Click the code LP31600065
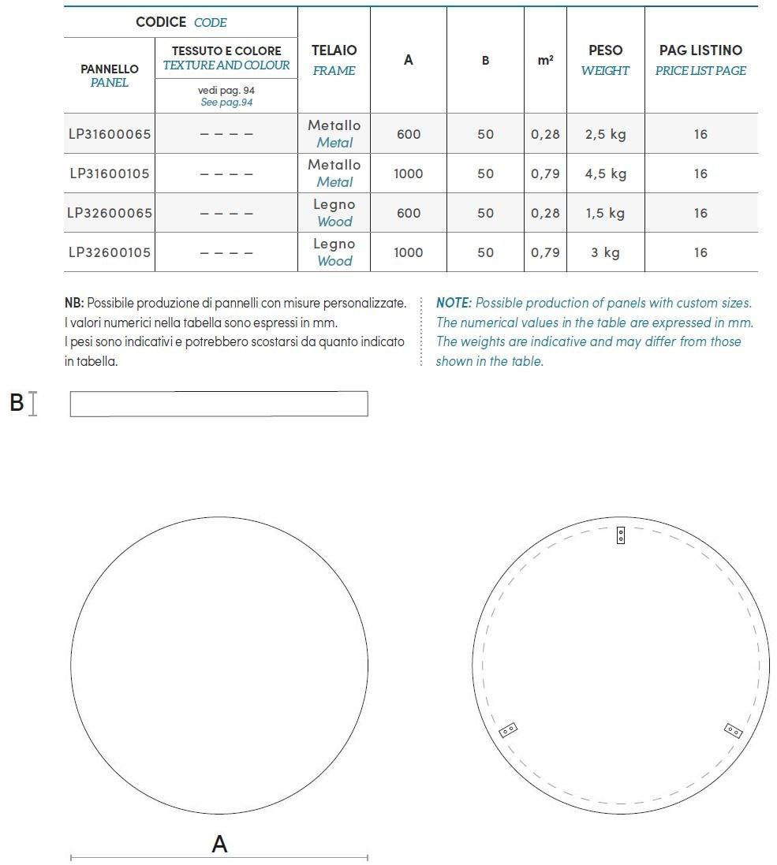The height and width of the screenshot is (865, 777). point(109,134)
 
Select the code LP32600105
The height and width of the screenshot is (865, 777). point(109,252)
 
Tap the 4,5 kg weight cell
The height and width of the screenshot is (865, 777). point(605,173)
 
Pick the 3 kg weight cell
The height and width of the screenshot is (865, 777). point(605,252)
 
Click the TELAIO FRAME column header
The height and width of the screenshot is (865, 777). point(334,60)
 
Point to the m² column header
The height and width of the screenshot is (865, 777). point(545,60)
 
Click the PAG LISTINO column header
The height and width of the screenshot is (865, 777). point(700,60)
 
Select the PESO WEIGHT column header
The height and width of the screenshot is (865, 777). point(605,60)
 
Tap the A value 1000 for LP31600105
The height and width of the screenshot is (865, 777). point(408,173)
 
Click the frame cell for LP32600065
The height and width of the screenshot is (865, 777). point(334,213)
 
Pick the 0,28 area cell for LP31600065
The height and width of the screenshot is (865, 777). point(545,134)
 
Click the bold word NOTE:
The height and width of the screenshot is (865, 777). point(454,303)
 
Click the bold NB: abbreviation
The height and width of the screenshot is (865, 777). point(74,303)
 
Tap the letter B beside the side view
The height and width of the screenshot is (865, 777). point(17,403)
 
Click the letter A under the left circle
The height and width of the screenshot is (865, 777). point(219,844)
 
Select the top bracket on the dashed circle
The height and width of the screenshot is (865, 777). point(621,535)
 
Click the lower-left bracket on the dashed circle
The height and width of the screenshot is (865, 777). point(509,730)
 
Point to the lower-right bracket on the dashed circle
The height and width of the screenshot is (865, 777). point(733,730)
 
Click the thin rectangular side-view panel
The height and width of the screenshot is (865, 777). point(219,404)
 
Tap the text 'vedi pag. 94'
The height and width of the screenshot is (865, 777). point(226,91)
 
